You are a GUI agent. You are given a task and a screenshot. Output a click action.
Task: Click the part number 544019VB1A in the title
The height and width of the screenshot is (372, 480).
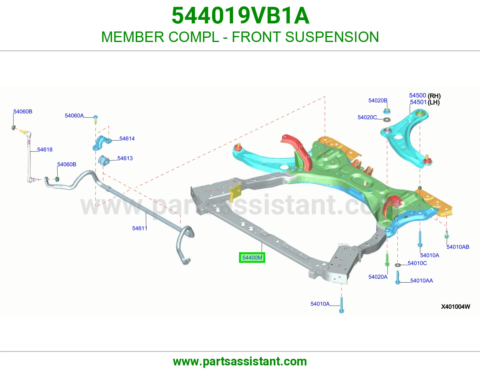point(241,16)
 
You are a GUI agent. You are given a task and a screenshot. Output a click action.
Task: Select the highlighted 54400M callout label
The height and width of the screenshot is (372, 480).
point(252,258)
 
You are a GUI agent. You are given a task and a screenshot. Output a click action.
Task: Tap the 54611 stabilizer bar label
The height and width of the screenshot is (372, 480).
point(139,228)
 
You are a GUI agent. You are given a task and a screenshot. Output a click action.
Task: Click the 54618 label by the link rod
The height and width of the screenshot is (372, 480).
point(45,150)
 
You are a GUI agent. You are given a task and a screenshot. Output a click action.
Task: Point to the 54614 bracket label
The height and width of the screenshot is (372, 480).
point(127,139)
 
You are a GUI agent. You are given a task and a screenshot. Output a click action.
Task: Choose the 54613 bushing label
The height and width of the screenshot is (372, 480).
point(125,158)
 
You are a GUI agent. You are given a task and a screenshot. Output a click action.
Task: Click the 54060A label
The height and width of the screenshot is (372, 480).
point(74,115)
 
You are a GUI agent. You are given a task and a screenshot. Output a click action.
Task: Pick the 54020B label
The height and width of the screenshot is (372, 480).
point(378,100)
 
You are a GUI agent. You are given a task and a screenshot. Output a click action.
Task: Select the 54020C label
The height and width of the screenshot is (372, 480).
point(367,117)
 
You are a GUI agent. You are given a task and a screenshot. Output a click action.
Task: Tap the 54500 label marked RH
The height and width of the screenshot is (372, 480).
point(425,95)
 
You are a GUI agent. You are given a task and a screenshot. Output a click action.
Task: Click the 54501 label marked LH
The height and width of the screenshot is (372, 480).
point(425,102)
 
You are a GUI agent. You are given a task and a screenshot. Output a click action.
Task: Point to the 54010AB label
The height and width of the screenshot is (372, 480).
point(458,247)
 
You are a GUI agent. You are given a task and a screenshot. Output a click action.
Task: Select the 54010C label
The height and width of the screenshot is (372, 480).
point(417,263)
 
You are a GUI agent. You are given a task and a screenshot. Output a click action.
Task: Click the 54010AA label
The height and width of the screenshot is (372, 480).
point(422,280)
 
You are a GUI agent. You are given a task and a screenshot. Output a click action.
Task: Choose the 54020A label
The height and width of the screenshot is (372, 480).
point(378,277)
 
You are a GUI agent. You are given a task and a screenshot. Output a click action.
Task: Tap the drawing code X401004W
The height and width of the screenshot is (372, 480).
point(456,307)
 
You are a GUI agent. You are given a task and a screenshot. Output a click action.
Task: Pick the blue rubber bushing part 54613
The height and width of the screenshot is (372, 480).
point(103,160)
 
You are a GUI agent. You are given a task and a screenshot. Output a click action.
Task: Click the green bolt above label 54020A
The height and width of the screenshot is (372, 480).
point(387,260)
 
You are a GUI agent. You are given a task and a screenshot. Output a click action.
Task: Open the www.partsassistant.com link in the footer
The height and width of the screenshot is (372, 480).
point(240,361)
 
